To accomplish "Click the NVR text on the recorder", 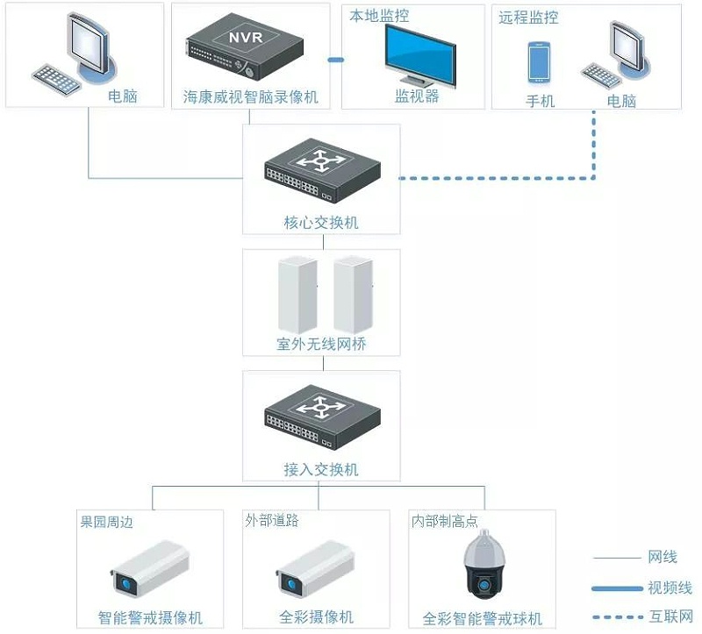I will [x=246, y=39].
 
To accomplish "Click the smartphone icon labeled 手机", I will [x=540, y=62].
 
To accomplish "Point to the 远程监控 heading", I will [x=528, y=18].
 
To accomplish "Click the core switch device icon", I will [x=321, y=170].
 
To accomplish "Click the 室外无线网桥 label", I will [x=321, y=345].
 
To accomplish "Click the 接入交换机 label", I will [x=321, y=470].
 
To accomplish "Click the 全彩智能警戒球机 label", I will [x=483, y=617].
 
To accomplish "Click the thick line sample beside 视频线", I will [x=617, y=588].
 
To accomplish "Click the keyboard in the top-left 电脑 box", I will [x=57, y=76].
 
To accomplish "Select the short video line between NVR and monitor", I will [x=334, y=60].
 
